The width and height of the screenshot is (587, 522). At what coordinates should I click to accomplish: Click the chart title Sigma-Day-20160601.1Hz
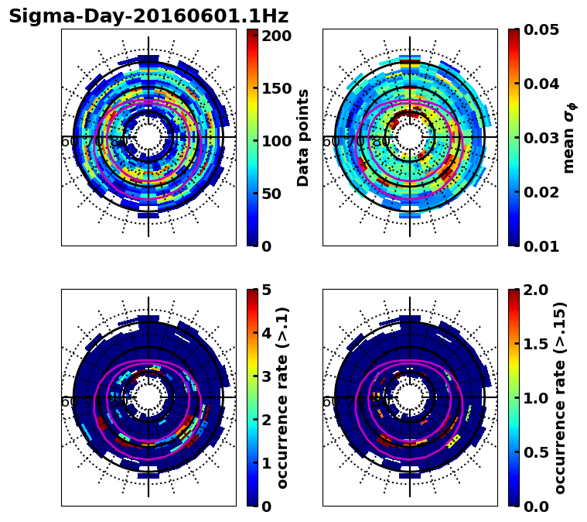pos(148,16)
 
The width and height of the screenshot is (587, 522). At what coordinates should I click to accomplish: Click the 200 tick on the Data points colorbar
pos(276,36)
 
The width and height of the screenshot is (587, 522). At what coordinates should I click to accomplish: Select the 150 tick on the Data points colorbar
pos(276,88)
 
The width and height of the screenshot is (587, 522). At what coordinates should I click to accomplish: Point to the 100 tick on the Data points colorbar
pos(276,141)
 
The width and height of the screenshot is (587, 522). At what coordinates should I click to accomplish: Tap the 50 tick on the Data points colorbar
pos(271,194)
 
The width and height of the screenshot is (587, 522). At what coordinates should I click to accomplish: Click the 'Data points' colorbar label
pos(303,137)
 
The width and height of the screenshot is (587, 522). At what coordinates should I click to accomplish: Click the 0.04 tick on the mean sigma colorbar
pos(542,84)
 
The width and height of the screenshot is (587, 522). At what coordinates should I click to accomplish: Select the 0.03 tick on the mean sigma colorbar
pos(542,138)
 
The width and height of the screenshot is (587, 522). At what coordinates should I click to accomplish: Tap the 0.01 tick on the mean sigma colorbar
pos(542,246)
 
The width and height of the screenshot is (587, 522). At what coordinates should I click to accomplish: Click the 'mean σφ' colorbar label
pos(568,138)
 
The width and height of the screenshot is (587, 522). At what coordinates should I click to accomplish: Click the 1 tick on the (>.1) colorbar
pos(266,463)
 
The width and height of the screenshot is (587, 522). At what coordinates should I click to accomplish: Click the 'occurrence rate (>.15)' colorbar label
pos(561,397)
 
